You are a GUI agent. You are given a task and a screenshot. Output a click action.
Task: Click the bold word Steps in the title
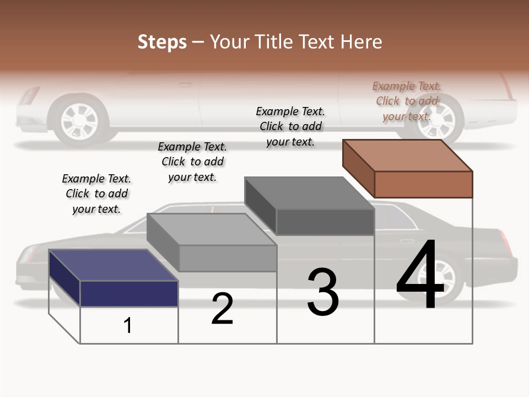click(x=162, y=42)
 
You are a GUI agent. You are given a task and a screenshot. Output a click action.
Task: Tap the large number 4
click(x=420, y=276)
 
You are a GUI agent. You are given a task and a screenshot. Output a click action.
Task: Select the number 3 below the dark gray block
click(x=322, y=292)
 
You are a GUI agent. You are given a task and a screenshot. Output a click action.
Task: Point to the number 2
click(x=222, y=309)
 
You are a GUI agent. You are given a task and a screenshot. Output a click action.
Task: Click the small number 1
click(x=128, y=325)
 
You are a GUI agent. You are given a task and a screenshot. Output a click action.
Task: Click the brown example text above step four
click(x=407, y=101)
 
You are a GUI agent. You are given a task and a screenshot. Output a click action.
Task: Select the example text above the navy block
click(x=96, y=194)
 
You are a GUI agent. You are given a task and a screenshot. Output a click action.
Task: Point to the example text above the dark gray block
click(x=290, y=126)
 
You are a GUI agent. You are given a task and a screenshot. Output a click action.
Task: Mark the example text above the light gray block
click(x=192, y=162)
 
